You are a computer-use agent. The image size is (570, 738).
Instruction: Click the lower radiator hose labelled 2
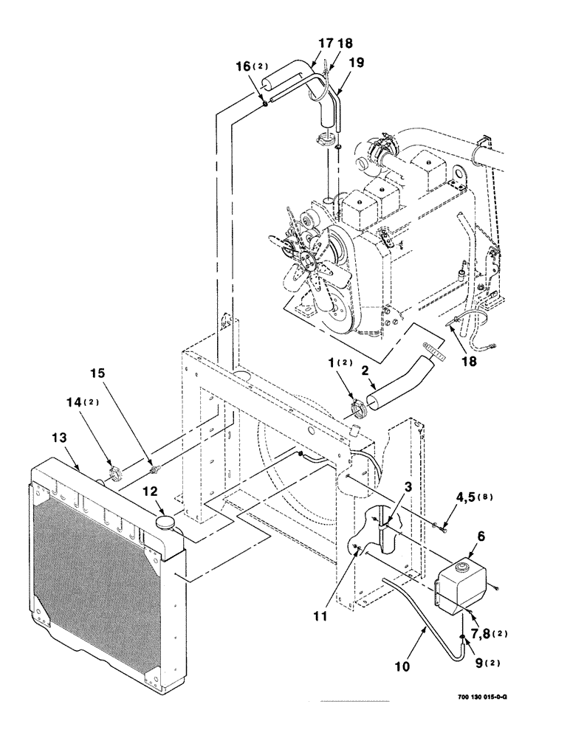point(399,377)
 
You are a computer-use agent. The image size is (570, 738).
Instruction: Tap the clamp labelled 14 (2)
point(114,473)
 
